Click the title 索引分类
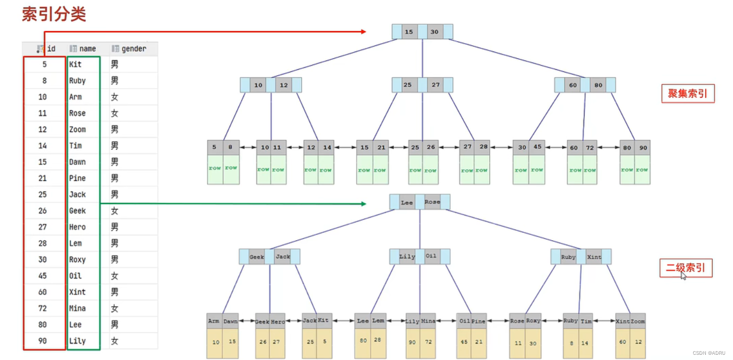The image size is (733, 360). [x=54, y=14]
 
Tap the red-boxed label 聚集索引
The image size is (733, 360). [x=687, y=94]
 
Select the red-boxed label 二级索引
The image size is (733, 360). [x=686, y=268]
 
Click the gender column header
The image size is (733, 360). [x=133, y=48]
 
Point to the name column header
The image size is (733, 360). [x=87, y=48]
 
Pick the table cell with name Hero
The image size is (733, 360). [x=78, y=227]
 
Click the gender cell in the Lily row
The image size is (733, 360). [x=115, y=341]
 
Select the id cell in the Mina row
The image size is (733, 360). [x=42, y=308]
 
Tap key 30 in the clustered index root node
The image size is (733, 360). [x=434, y=32]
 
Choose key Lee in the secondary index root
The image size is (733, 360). [x=406, y=202]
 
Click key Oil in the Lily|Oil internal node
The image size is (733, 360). [x=431, y=256]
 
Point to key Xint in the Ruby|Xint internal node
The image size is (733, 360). [x=594, y=257]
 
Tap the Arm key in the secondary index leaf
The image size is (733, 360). [x=214, y=321]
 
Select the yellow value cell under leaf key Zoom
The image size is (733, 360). [x=638, y=342]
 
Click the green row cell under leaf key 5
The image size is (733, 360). [x=215, y=168]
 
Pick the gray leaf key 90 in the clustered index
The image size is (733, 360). [x=643, y=148]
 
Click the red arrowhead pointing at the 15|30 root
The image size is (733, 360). [x=363, y=32]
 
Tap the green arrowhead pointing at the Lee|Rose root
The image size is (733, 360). [x=363, y=204]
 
